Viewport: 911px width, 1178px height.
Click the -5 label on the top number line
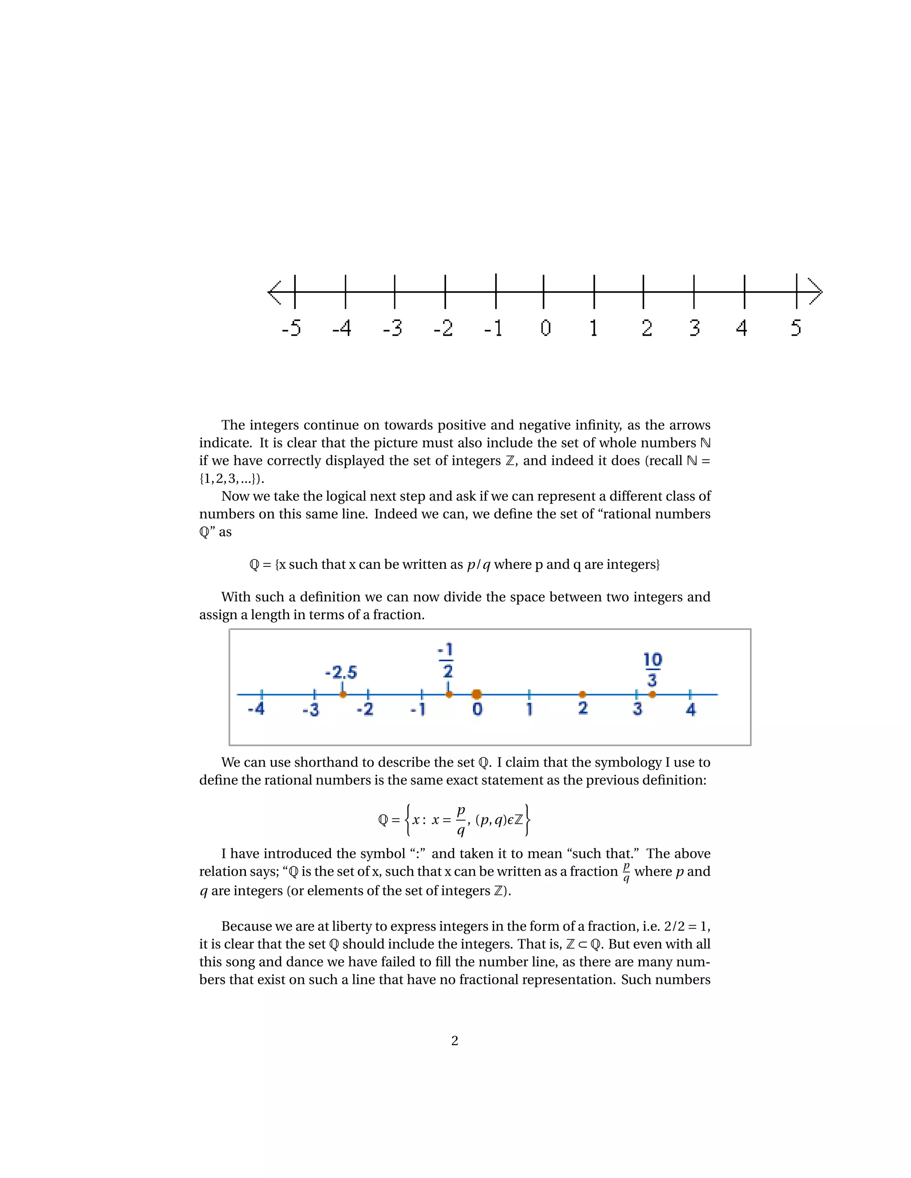pos(291,328)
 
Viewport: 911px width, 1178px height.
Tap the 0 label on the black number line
pos(546,328)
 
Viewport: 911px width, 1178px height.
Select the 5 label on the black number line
pos(796,328)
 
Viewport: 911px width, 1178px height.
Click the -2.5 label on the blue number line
pos(341,673)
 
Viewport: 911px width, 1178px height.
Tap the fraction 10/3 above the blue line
pos(653,669)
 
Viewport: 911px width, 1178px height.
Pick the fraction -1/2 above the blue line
pos(446,660)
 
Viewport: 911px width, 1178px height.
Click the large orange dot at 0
pos(476,694)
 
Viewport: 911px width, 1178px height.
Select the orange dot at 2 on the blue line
pos(582,694)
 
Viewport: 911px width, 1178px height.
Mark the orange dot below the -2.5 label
pos(343,694)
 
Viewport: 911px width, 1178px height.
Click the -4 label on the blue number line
pos(256,709)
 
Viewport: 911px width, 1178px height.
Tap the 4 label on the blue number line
pos(691,709)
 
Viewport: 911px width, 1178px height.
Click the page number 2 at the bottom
pos(455,1041)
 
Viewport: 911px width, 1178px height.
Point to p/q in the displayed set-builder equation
pos(461,820)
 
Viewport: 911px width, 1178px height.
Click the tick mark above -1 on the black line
pos(496,291)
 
